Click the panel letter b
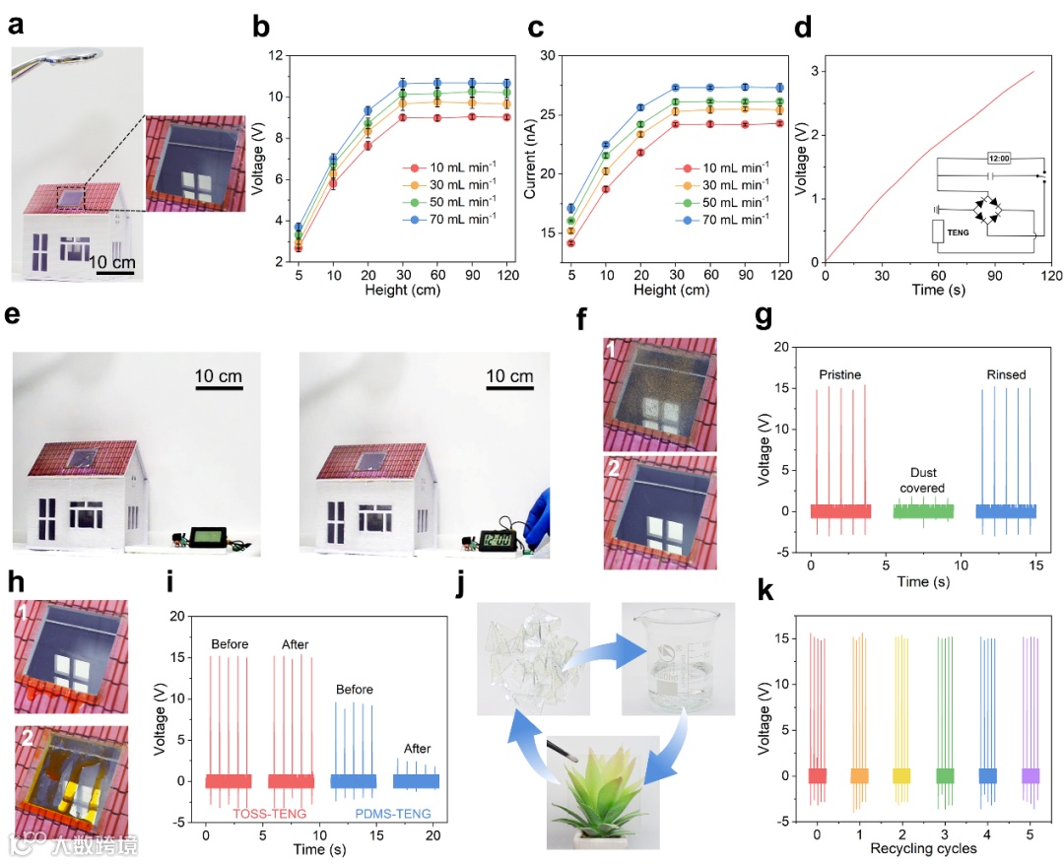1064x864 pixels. pos(261,27)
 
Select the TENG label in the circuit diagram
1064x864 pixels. pos(960,232)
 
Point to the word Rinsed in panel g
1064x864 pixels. pos(1007,375)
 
